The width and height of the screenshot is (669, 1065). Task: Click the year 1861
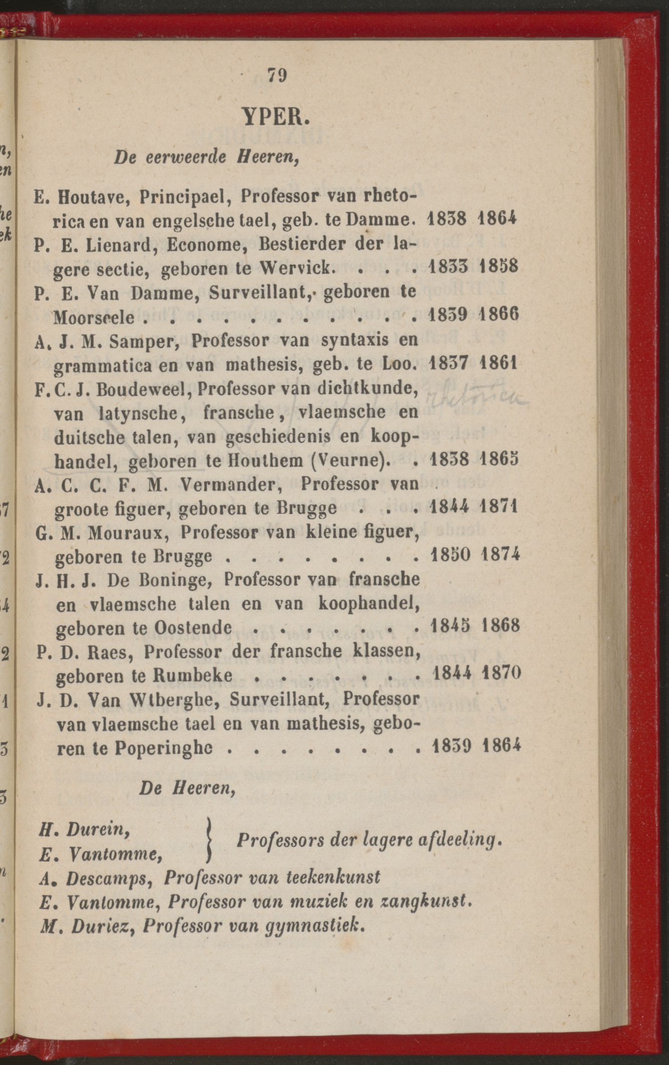(x=498, y=363)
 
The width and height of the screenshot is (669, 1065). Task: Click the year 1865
(x=498, y=460)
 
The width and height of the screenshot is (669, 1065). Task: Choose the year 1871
(x=498, y=506)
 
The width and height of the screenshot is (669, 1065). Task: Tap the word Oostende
(x=193, y=626)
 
